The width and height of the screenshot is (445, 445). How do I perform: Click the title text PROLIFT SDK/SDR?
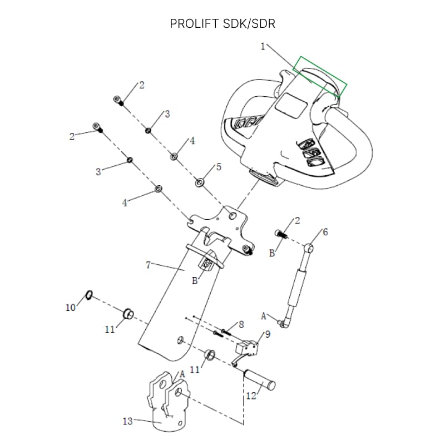point(222,24)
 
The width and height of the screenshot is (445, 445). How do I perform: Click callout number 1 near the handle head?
point(263,47)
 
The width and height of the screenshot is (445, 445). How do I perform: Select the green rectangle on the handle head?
point(321,77)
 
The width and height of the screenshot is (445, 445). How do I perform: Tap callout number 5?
point(219,167)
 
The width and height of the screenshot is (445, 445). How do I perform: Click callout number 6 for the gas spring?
point(325,232)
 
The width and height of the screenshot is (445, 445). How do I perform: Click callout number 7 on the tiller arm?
point(148,265)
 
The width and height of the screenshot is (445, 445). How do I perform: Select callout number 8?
point(241,324)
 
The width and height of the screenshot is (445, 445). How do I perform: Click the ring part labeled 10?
point(88,294)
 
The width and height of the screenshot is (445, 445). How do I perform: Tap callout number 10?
point(71,307)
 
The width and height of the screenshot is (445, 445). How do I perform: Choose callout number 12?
point(251,396)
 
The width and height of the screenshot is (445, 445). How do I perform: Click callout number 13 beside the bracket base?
point(127,421)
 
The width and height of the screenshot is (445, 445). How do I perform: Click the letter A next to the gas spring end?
point(264,316)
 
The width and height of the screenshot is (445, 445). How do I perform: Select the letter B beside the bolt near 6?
point(272,253)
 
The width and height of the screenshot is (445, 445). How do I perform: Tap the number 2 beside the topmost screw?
point(141,85)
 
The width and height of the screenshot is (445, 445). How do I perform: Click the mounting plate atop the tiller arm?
point(220,228)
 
